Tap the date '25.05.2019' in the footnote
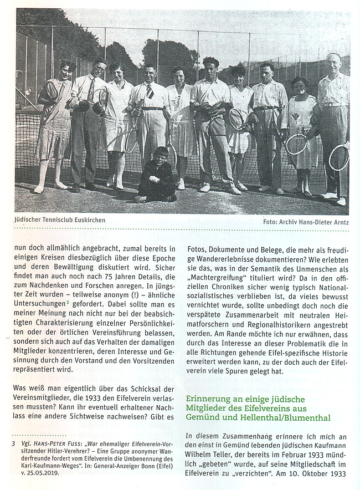click(35, 474)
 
